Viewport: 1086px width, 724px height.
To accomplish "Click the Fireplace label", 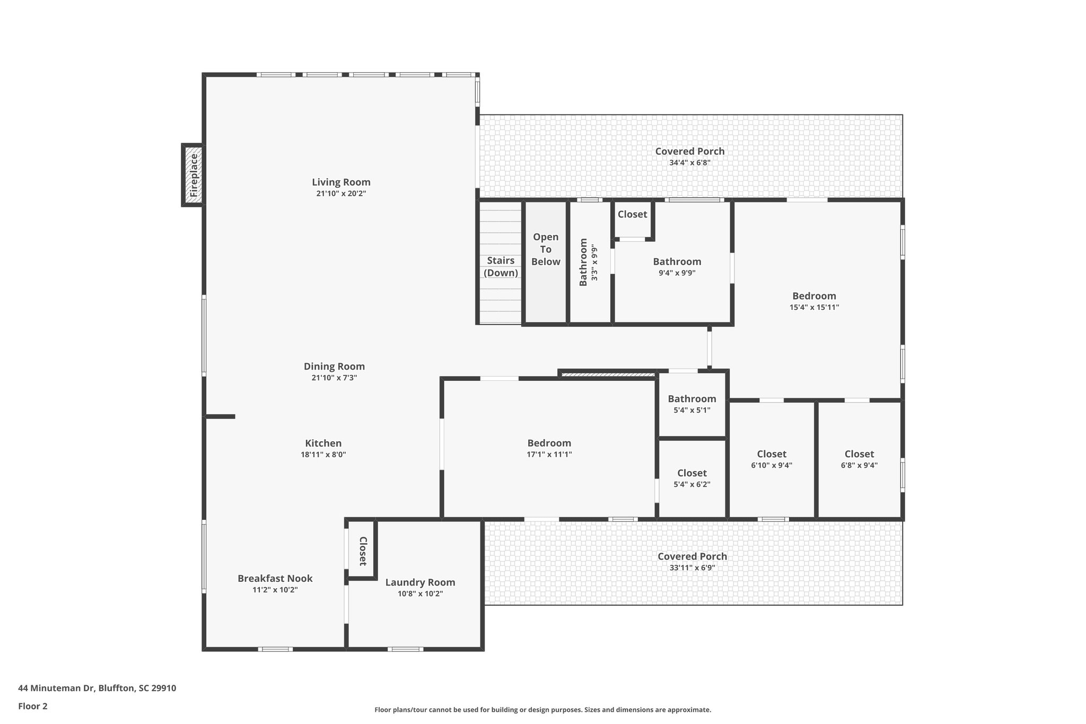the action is pyautogui.click(x=194, y=175).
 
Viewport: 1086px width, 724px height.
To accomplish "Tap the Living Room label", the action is pyautogui.click(x=341, y=182).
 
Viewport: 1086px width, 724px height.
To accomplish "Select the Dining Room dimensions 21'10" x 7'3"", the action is pyautogui.click(x=334, y=378).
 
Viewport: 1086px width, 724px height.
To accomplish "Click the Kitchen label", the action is pyautogui.click(x=323, y=443).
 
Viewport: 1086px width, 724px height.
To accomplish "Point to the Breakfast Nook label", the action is pyautogui.click(x=275, y=579).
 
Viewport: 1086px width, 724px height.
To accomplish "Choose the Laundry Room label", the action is pyautogui.click(x=421, y=582).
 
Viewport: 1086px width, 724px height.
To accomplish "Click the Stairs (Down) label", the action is pyautogui.click(x=501, y=267).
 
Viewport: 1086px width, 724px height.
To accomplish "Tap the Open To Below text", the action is pyautogui.click(x=546, y=249).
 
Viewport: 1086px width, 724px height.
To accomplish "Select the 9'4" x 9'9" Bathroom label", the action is pyautogui.click(x=677, y=261).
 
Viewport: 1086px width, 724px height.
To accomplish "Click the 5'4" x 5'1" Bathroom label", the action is pyautogui.click(x=692, y=399).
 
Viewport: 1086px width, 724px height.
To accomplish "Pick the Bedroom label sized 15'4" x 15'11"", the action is pyautogui.click(x=814, y=296).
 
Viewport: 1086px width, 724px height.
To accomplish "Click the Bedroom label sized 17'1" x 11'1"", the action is pyautogui.click(x=549, y=443).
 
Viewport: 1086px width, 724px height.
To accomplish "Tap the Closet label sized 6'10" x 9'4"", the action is pyautogui.click(x=772, y=454).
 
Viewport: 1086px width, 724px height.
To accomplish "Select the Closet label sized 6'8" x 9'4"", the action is pyautogui.click(x=859, y=454).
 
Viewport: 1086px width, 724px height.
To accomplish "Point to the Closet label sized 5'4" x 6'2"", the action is pyautogui.click(x=692, y=473).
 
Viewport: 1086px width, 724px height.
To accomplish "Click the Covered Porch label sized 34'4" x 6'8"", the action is pyautogui.click(x=690, y=151).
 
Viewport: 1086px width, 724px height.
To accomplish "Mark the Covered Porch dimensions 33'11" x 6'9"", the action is pyautogui.click(x=693, y=568).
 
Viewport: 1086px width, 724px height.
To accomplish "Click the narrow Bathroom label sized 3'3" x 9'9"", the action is pyautogui.click(x=583, y=263).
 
